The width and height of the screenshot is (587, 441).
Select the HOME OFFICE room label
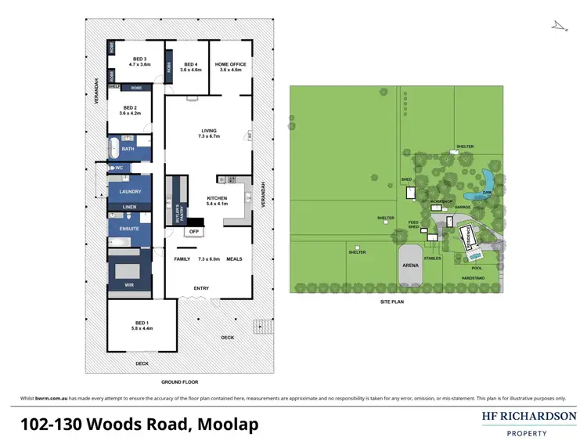click(231, 67)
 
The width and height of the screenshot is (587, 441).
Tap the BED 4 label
click(190, 67)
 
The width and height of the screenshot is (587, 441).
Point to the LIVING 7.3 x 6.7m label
click(208, 133)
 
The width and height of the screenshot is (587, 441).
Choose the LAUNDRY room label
click(129, 191)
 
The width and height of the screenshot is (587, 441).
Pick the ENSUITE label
click(129, 228)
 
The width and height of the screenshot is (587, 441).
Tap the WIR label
click(129, 284)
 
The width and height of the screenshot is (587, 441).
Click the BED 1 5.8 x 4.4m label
click(141, 325)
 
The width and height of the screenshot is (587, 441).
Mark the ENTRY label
click(201, 288)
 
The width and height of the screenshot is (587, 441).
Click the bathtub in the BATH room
click(114, 147)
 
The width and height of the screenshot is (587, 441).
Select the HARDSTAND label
click(474, 278)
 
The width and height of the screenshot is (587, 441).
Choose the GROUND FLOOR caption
click(179, 382)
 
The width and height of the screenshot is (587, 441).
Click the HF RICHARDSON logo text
click(529, 417)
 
